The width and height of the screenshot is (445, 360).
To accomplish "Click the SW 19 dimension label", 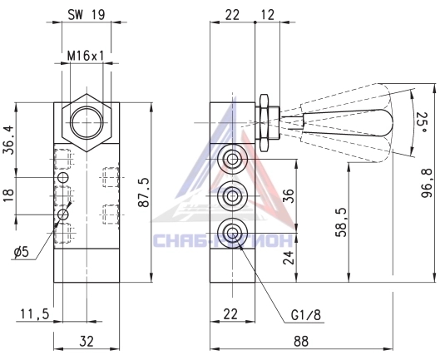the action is tap(86, 14).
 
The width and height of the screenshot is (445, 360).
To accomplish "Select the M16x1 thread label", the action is tap(86, 56).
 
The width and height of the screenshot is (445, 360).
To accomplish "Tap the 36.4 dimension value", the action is tap(8, 140).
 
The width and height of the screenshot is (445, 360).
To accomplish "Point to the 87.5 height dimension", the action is tap(143, 193).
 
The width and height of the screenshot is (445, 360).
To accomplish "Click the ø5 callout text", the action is tap(22, 251).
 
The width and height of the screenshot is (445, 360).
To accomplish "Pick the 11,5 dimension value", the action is tap(35, 314).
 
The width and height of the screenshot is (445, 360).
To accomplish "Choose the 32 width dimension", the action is tap(87, 341).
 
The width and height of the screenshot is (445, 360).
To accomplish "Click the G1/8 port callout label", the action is tap(306, 314).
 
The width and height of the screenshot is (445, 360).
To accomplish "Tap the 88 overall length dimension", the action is tap(301, 341).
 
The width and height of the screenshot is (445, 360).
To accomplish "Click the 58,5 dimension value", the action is tap(341, 222).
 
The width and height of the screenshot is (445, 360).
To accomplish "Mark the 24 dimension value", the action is tap(289, 257).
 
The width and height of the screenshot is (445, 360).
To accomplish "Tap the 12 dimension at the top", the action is tap(267, 15).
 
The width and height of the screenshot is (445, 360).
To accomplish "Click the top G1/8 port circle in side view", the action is tap(232, 159).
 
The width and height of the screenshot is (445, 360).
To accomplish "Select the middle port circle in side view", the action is tap(232, 196).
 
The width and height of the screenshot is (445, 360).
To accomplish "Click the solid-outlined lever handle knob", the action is tap(349, 122).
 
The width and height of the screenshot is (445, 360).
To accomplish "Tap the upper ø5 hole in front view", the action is tap(63, 178).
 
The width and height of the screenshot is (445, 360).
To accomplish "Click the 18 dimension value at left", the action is tap(8, 195).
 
